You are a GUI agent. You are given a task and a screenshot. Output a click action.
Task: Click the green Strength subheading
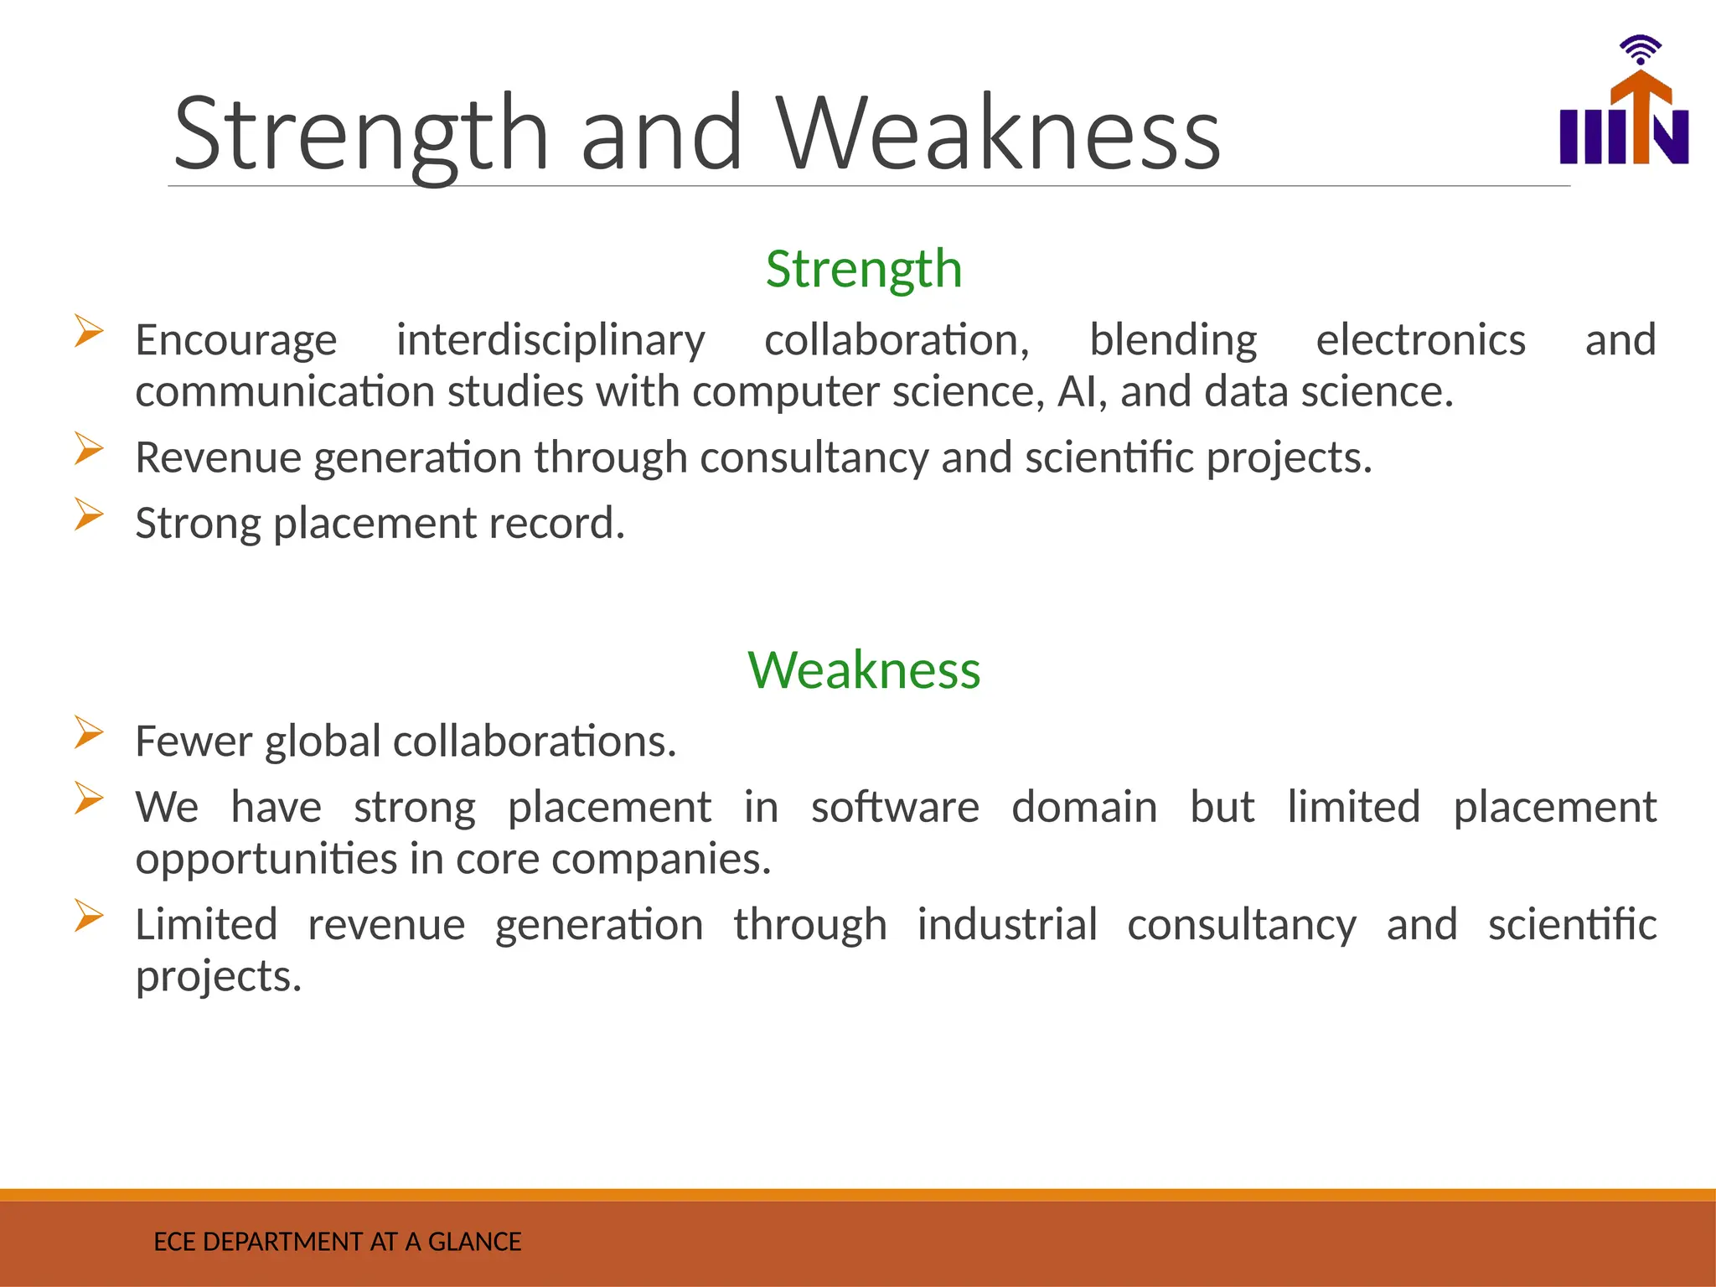point(863,269)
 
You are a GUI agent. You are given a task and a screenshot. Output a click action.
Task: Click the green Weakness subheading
point(863,670)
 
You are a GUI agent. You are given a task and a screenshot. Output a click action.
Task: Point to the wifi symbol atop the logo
point(1640,49)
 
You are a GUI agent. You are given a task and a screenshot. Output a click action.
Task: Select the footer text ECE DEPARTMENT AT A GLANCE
point(337,1241)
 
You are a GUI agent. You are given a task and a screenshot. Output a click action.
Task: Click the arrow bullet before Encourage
point(88,331)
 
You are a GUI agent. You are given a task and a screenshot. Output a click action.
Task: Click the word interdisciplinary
point(550,340)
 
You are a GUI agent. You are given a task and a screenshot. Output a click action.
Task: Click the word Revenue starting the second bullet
point(218,457)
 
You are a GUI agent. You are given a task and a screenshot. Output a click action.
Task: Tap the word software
point(894,807)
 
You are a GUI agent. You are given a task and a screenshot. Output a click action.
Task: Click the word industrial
point(1006,925)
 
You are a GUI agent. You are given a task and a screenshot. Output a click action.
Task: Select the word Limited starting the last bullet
point(206,925)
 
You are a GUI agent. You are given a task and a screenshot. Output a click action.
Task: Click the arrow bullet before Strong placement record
point(88,514)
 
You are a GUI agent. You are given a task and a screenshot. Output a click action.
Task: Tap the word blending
point(1172,340)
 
